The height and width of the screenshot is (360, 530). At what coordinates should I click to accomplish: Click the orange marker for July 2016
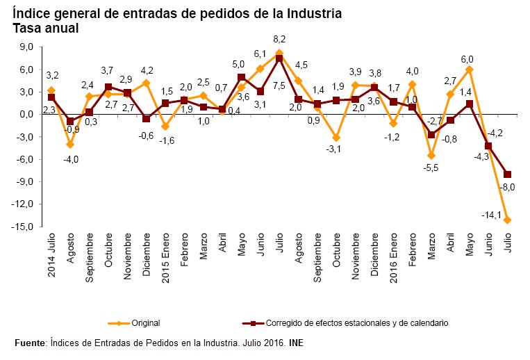pyautogui.click(x=508, y=220)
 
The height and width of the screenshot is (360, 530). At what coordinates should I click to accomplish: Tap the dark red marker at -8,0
pyautogui.click(x=508, y=174)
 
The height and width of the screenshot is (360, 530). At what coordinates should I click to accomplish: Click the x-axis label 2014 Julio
pyautogui.click(x=52, y=256)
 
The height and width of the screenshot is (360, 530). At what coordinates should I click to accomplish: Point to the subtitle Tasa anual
pyautogui.click(x=46, y=28)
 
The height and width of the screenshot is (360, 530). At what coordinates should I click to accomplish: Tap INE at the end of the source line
pyautogui.click(x=296, y=343)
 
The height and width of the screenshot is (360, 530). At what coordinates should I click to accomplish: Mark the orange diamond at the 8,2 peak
pyautogui.click(x=279, y=53)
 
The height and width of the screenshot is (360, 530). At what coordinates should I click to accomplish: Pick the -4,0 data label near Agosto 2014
pyautogui.click(x=69, y=159)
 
